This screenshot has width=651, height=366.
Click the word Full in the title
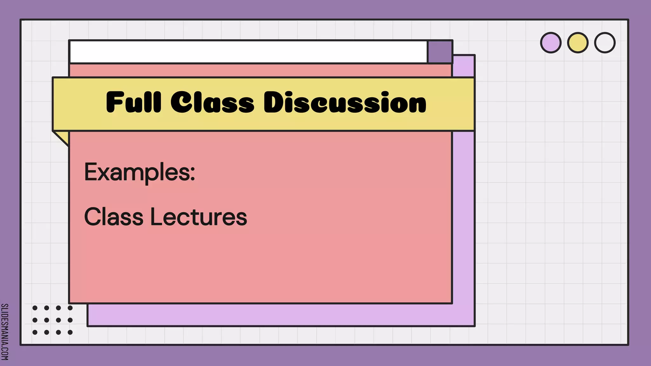pyautogui.click(x=134, y=102)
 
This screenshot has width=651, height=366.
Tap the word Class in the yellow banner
pyautogui.click(x=212, y=102)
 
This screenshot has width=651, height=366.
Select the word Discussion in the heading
pyautogui.click(x=345, y=102)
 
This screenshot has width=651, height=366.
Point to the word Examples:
pyautogui.click(x=139, y=172)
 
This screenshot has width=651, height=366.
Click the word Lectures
pyautogui.click(x=198, y=217)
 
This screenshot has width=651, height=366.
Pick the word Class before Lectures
pyautogui.click(x=113, y=217)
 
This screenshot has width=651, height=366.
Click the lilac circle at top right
pyautogui.click(x=551, y=43)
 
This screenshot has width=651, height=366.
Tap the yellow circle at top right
pyautogui.click(x=578, y=43)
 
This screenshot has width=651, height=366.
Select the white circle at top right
pyautogui.click(x=605, y=43)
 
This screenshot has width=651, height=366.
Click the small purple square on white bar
pyautogui.click(x=440, y=52)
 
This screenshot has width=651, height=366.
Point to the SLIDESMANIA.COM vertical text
pyautogui.click(x=5, y=332)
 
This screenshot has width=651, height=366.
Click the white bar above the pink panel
pyautogui.click(x=248, y=52)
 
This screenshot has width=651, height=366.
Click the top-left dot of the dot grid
pyautogui.click(x=35, y=308)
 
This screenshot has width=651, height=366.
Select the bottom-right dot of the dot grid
pyautogui.click(x=70, y=332)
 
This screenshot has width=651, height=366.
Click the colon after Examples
pyautogui.click(x=192, y=174)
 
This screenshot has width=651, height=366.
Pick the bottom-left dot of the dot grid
pyautogui.click(x=35, y=332)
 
